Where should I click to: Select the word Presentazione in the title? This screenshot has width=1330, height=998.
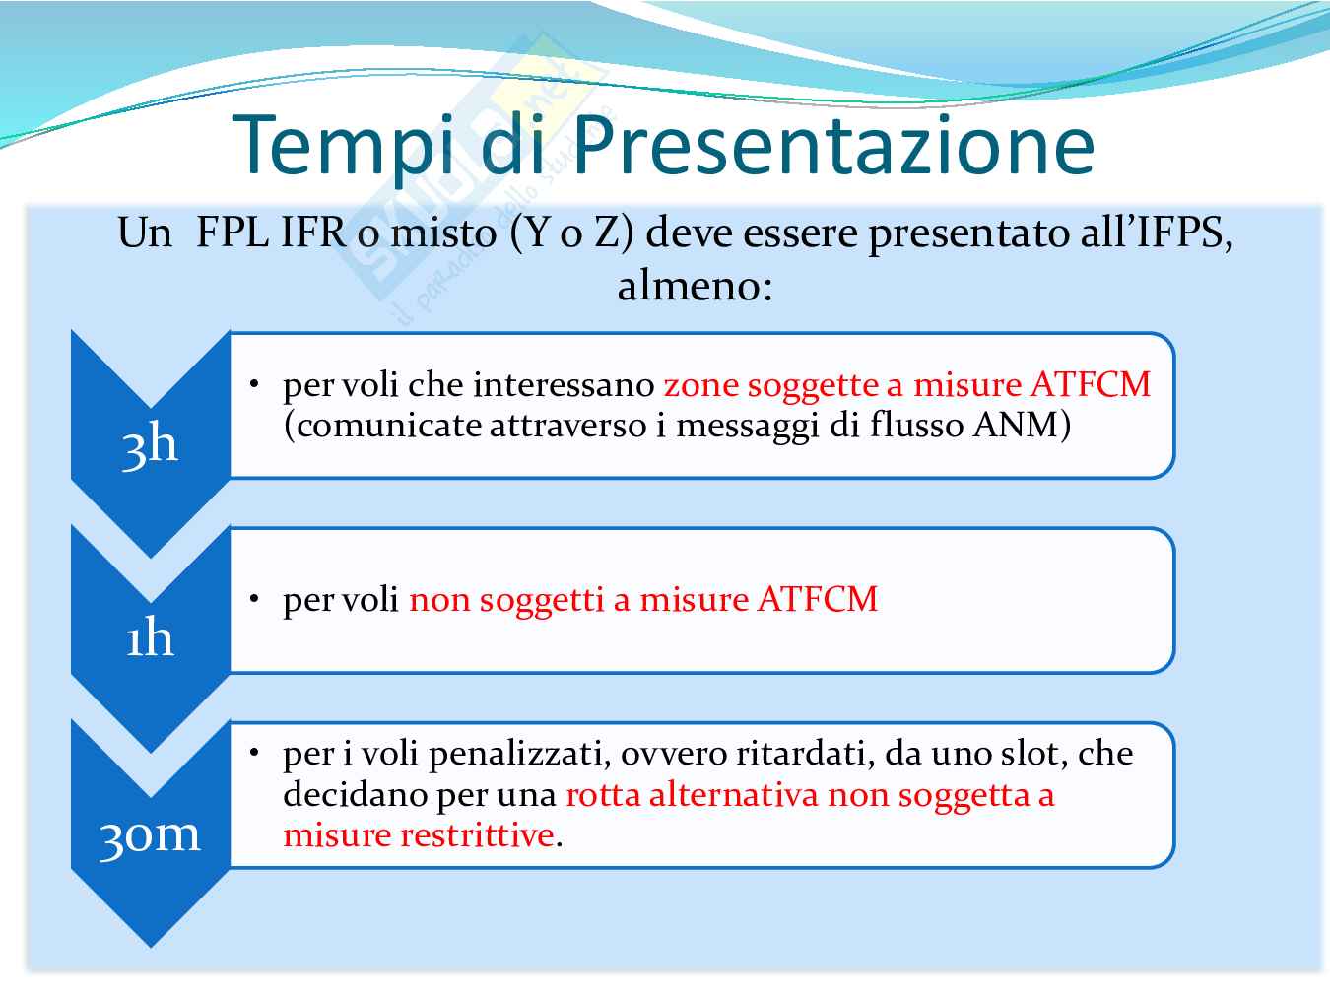[x=833, y=146]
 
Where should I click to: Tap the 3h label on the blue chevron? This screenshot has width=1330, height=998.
[x=150, y=444]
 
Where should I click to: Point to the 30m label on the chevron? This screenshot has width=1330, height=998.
[x=149, y=836]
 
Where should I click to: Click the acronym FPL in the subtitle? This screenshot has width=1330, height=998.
[x=233, y=233]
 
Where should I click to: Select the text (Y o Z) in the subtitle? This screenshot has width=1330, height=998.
[x=572, y=233]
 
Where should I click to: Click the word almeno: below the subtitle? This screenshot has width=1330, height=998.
[x=695, y=286]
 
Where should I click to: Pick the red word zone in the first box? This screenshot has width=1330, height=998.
[x=701, y=385]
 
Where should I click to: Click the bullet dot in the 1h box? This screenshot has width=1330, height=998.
[x=254, y=599]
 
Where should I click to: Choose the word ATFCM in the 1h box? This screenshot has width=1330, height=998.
[x=818, y=599]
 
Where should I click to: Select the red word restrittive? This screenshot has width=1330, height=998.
[x=478, y=835]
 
